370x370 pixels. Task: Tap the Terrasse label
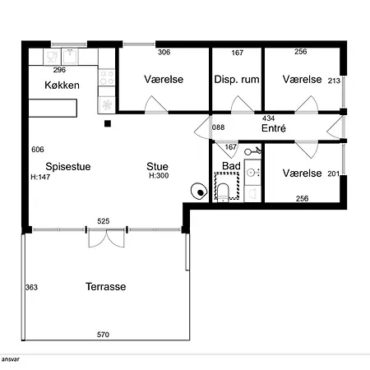pyautogui.click(x=105, y=287)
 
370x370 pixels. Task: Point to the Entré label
pyautogui.click(x=273, y=130)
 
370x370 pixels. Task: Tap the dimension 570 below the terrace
pyautogui.click(x=104, y=335)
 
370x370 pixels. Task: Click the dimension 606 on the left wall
pyautogui.click(x=37, y=150)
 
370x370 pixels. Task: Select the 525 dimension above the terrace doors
pyautogui.click(x=104, y=221)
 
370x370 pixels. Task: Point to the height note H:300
pyautogui.click(x=158, y=176)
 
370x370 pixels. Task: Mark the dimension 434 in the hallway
pyautogui.click(x=268, y=118)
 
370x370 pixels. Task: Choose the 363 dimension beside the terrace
pyautogui.click(x=32, y=287)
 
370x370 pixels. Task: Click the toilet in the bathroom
pyautogui.click(x=223, y=192)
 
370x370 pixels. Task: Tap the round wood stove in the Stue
pyautogui.click(x=198, y=190)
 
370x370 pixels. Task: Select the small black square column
pyautogui.click(x=107, y=124)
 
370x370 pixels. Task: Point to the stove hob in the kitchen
pyautogui.click(x=107, y=79)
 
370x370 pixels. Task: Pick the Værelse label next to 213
pyautogui.click(x=301, y=80)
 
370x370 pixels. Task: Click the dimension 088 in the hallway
pyautogui.click(x=218, y=127)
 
